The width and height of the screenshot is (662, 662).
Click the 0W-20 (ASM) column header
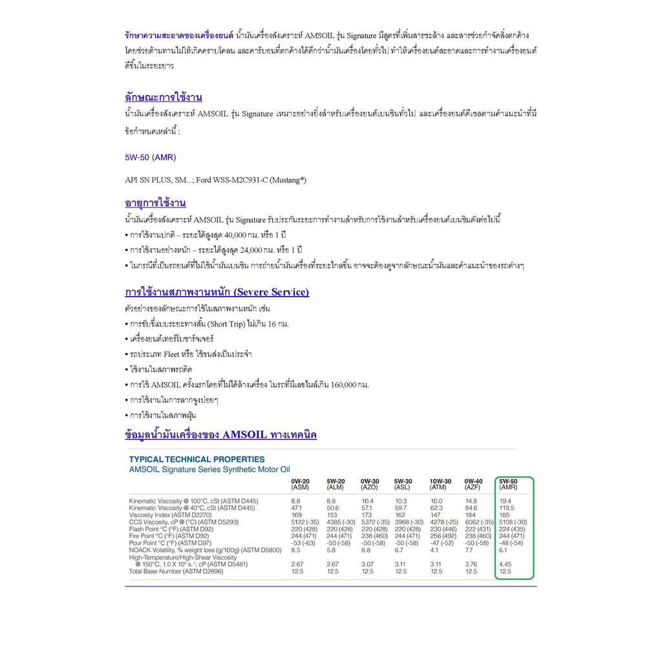coord(300,484)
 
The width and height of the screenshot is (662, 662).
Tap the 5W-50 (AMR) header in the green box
coord(509,484)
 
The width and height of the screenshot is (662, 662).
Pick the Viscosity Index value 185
coord(505,515)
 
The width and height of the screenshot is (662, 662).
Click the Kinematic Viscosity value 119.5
coord(507,507)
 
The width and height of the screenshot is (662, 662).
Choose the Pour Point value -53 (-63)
coord(303,543)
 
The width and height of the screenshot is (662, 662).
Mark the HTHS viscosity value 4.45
coord(505,564)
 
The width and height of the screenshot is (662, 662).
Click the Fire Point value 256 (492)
coord(443,536)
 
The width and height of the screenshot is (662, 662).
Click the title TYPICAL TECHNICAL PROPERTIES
coord(197,459)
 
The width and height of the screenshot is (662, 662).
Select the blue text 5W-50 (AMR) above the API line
coord(150,157)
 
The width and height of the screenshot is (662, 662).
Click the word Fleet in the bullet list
coord(171,354)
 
